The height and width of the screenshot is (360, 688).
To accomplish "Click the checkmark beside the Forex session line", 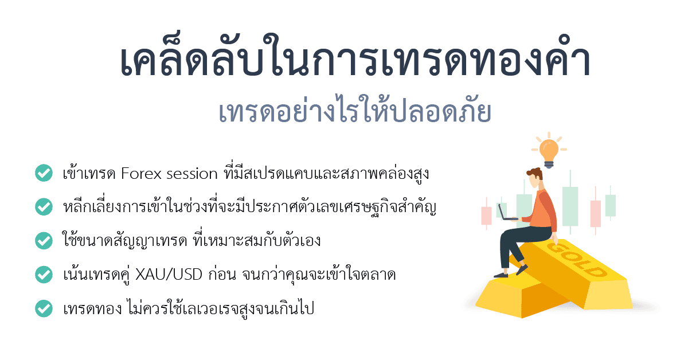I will (x=44, y=173).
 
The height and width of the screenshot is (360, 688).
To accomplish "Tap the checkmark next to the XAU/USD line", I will (x=44, y=275).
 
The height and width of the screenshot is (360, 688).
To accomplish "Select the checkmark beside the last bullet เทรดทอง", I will (x=44, y=309).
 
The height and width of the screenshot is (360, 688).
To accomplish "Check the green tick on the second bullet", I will (x=44, y=206).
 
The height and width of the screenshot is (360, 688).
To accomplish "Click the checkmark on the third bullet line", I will (x=44, y=240).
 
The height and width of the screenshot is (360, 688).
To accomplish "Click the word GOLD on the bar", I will (x=575, y=260).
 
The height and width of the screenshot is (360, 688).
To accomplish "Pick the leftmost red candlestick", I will (x=486, y=215).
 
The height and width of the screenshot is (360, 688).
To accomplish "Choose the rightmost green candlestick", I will (x=610, y=205).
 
